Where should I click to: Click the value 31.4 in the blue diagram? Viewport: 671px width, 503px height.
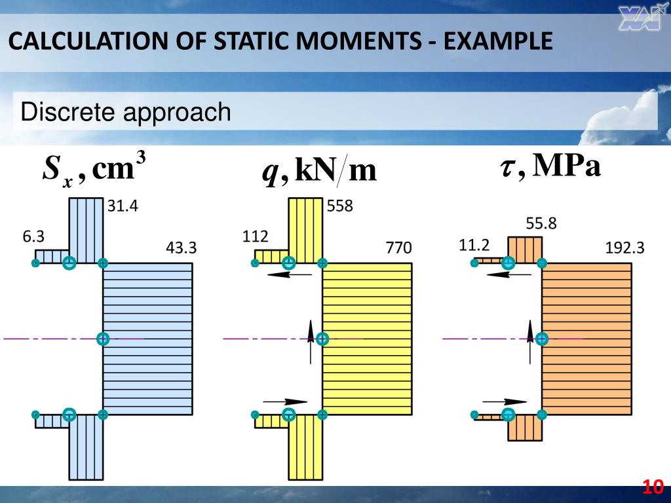(x=123, y=206)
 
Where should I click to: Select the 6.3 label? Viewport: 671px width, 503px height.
(x=33, y=236)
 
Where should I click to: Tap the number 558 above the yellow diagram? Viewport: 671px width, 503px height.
(x=340, y=206)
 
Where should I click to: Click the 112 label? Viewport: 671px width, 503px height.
(x=255, y=236)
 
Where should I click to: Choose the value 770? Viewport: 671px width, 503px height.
(x=398, y=248)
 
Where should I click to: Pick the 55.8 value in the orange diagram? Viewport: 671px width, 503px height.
(x=541, y=223)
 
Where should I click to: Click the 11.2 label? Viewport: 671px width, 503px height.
(x=474, y=246)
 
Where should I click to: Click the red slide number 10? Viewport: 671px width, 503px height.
(x=653, y=487)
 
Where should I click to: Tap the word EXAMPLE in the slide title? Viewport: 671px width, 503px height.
(x=498, y=43)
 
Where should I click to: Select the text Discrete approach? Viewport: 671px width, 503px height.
(x=126, y=112)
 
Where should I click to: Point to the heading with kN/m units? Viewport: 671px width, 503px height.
(x=319, y=172)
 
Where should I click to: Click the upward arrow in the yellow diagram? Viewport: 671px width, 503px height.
(x=311, y=341)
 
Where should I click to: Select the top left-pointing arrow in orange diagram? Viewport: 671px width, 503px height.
(x=508, y=274)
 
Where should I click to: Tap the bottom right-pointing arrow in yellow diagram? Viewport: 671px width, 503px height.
(x=284, y=401)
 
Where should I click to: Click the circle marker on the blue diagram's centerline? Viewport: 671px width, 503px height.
(x=103, y=339)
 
